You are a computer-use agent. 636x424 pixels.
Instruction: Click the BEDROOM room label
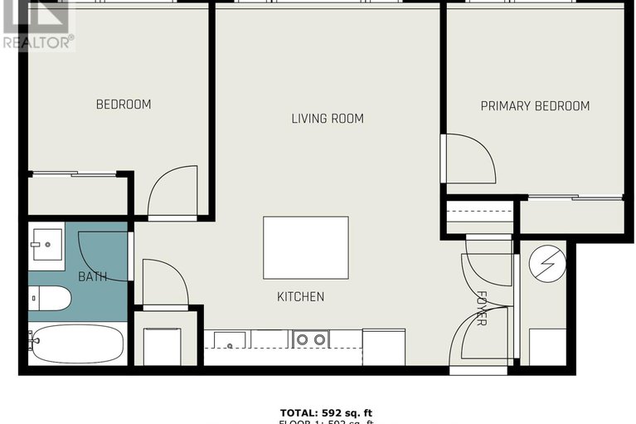(124, 105)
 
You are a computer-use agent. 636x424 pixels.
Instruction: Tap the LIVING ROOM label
(328, 119)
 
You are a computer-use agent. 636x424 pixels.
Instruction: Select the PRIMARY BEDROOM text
(535, 106)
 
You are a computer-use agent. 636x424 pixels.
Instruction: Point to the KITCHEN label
(301, 296)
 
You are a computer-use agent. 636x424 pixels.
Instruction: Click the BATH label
(92, 276)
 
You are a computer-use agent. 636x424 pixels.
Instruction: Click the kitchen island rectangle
(305, 247)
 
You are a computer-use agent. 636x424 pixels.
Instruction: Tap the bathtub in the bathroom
(76, 343)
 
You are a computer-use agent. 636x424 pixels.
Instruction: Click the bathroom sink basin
(48, 244)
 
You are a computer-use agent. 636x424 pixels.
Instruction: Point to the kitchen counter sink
(230, 340)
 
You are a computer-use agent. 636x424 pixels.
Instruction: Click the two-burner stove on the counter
(311, 339)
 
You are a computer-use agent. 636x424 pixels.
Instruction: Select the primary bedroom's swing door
(469, 158)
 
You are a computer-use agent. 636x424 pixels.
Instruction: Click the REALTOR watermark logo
(37, 25)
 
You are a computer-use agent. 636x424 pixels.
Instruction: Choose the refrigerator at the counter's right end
(384, 347)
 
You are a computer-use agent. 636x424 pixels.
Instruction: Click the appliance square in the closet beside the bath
(163, 346)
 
